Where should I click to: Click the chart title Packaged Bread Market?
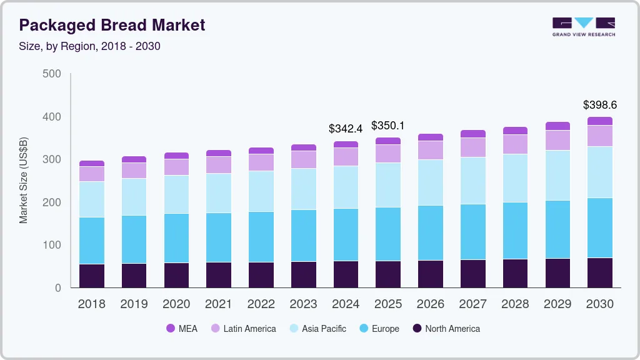pyautogui.click(x=112, y=26)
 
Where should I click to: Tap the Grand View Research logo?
pyautogui.click(x=584, y=27)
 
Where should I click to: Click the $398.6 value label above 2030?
pyautogui.click(x=599, y=105)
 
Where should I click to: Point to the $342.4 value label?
pyautogui.click(x=346, y=129)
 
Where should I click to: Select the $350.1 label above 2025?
pyautogui.click(x=388, y=126)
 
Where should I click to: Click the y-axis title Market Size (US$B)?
pyautogui.click(x=24, y=181)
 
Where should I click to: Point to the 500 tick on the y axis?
pyautogui.click(x=52, y=74)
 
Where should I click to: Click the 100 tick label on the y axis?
pyautogui.click(x=52, y=245)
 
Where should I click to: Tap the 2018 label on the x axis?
pyautogui.click(x=91, y=304)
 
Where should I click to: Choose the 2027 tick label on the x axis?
pyautogui.click(x=472, y=304)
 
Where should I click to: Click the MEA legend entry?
pyautogui.click(x=181, y=329)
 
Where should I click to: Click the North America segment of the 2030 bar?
pyautogui.click(x=600, y=272)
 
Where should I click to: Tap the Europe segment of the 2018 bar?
pyautogui.click(x=92, y=241)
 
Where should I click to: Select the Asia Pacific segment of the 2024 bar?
pyautogui.click(x=346, y=187)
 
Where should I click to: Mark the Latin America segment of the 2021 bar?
pyautogui.click(x=219, y=164)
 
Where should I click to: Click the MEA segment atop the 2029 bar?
pyautogui.click(x=557, y=126)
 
